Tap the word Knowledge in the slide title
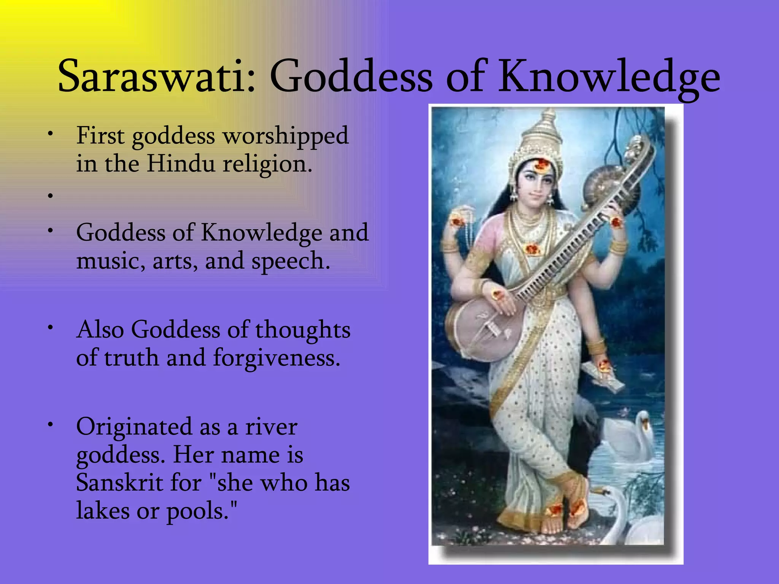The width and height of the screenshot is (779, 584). coord(609,76)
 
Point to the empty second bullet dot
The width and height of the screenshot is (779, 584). coord(50,196)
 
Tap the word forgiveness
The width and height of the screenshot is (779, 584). coord(277,358)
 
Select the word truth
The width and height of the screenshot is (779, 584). coord(131,358)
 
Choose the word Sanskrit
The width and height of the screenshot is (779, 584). coord(119,483)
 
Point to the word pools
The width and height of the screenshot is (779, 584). coord(202,511)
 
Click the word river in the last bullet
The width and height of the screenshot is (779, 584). coord(271,427)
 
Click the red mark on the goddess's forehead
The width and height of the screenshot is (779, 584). coord(541,164)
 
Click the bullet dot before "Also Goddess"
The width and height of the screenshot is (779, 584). coord(50,327)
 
